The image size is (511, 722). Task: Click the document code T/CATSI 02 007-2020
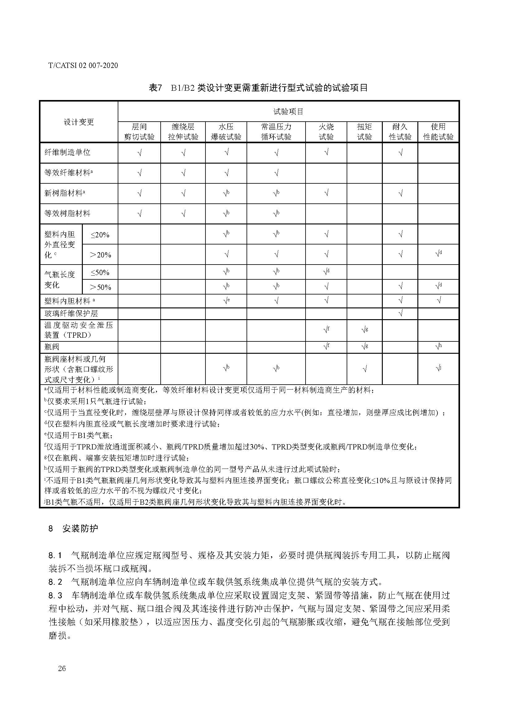(x=83, y=65)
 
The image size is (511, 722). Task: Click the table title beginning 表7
(x=258, y=88)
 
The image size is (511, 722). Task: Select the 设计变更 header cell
(x=79, y=122)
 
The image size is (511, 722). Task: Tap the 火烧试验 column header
(x=326, y=132)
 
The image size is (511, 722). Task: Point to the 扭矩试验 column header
(x=364, y=132)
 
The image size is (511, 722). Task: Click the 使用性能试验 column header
(x=438, y=132)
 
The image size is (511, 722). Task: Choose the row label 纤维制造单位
(x=67, y=152)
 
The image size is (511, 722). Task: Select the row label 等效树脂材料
(x=67, y=214)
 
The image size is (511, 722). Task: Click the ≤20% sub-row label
(x=100, y=235)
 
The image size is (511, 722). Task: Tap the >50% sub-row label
(x=100, y=287)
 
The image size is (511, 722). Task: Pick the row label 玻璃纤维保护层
(x=71, y=313)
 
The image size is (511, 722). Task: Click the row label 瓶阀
(x=52, y=347)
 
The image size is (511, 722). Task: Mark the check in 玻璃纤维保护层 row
(x=400, y=313)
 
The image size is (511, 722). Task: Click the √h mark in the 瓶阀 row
(x=438, y=347)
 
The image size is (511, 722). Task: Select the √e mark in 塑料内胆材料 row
(x=226, y=301)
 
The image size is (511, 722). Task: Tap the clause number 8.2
(x=55, y=582)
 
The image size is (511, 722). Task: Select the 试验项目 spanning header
(x=288, y=111)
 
